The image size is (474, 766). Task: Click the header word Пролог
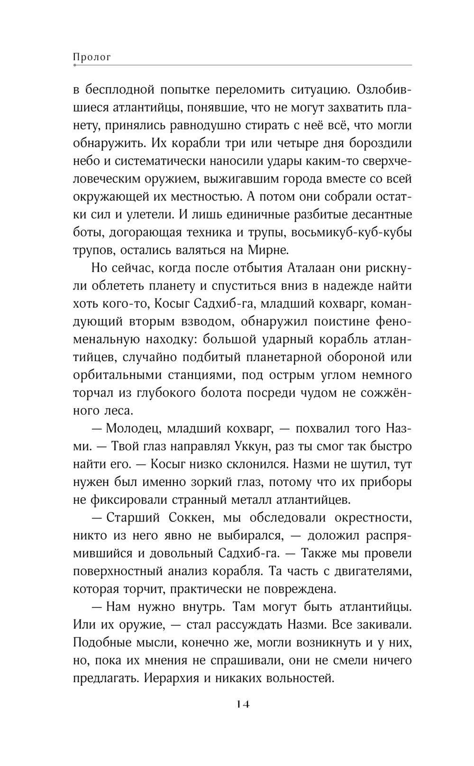point(92,57)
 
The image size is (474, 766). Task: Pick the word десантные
point(378,214)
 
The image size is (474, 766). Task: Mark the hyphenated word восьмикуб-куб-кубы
point(351,232)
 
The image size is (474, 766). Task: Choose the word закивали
point(382,625)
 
